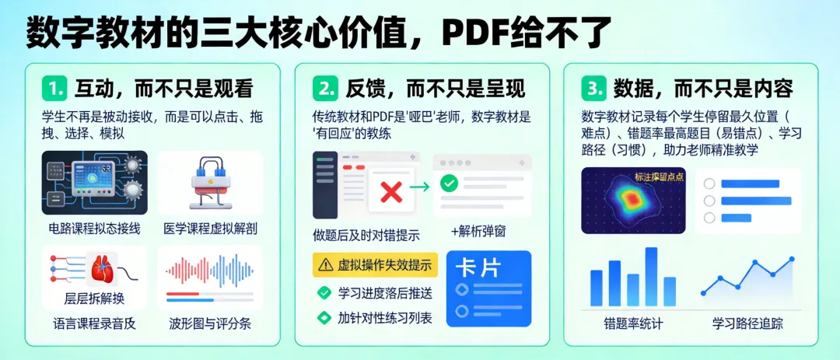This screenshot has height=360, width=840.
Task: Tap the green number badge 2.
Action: pyautogui.click(x=325, y=89)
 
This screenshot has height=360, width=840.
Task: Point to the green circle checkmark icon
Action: pyautogui.click(x=449, y=184)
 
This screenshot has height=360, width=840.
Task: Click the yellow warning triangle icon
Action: pyautogui.click(x=324, y=265)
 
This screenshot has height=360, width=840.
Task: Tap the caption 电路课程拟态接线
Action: pyautogui.click(x=94, y=229)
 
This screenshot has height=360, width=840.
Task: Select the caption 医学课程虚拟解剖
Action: pyautogui.click(x=211, y=229)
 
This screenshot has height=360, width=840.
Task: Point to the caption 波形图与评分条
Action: pyautogui.click(x=211, y=323)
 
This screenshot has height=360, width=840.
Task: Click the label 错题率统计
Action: pyautogui.click(x=633, y=323)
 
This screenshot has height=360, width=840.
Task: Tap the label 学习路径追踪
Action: pyautogui.click(x=747, y=323)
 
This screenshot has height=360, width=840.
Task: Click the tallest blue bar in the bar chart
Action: pyautogui.click(x=651, y=276)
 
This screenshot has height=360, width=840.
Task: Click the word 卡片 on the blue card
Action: pyautogui.click(x=478, y=267)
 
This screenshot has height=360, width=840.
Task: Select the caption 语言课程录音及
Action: pyautogui.click(x=94, y=323)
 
